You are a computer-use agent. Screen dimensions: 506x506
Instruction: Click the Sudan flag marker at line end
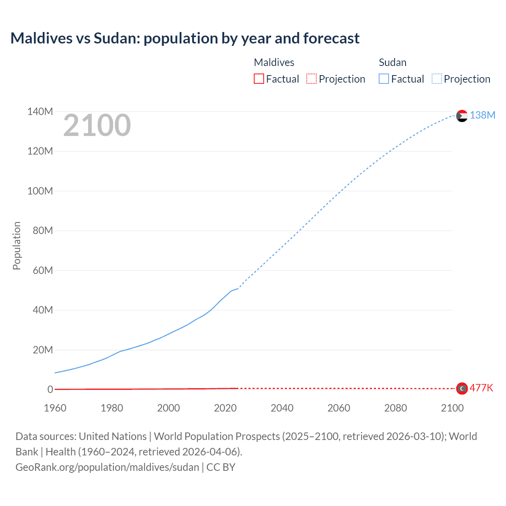click(462, 116)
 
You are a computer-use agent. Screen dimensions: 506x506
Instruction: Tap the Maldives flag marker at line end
click(462, 389)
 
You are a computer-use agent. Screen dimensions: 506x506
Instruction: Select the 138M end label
click(482, 115)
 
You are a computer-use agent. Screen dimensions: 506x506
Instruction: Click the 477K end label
click(481, 388)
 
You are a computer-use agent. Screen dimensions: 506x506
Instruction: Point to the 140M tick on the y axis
click(40, 112)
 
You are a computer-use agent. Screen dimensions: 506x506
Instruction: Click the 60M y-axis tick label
click(43, 271)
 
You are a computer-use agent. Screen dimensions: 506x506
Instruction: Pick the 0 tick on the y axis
click(50, 390)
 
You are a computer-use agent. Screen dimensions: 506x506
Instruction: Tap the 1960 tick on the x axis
click(55, 408)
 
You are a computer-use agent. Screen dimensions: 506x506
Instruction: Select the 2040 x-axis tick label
click(282, 408)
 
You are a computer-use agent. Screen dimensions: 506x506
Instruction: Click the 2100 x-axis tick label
click(452, 408)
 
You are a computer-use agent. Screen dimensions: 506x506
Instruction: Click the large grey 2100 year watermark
click(97, 125)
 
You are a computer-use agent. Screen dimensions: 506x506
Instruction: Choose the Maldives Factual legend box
click(259, 79)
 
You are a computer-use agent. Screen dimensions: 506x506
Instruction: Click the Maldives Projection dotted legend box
click(312, 79)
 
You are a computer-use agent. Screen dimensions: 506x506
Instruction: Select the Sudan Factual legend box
click(383, 79)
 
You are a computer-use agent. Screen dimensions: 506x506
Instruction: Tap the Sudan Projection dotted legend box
click(436, 79)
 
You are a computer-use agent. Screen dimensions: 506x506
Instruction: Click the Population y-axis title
click(17, 245)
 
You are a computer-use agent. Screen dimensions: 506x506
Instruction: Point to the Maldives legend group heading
click(274, 62)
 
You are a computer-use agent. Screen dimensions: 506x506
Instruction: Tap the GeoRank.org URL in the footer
click(107, 467)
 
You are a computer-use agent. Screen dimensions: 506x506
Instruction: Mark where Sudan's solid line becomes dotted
click(237, 289)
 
